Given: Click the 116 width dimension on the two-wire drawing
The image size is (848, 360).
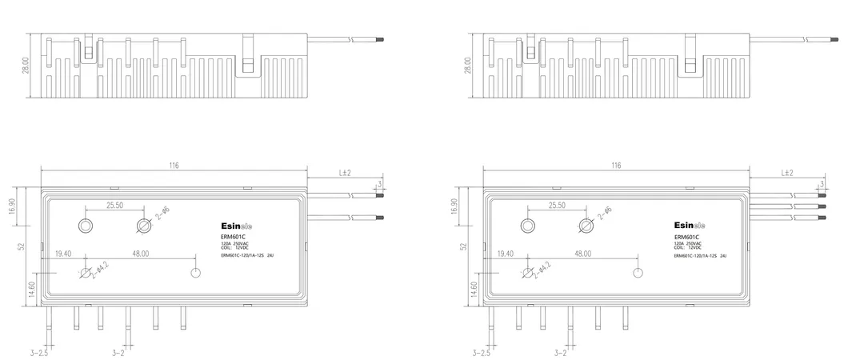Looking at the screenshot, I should tap(174, 166).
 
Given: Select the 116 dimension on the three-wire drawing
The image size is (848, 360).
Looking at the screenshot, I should tap(615, 166).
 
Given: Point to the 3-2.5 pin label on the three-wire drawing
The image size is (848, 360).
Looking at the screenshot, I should tap(480, 352).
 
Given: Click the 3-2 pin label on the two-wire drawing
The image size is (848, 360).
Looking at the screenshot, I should tap(118, 352).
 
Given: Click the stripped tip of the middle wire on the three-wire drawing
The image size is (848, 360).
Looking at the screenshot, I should tap(822, 206).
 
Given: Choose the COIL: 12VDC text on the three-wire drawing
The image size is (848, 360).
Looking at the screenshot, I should tap(688, 248).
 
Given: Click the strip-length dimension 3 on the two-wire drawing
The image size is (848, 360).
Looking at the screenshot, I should tap(380, 185).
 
